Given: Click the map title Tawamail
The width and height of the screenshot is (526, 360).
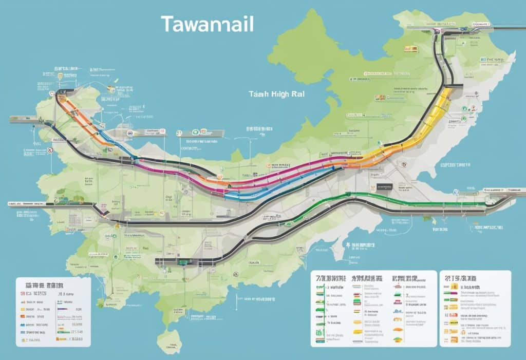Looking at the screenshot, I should click(x=207, y=24).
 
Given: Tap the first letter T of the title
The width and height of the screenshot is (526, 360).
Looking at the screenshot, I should click(x=167, y=24).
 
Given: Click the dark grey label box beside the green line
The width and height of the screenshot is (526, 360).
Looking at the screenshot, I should click(x=384, y=187).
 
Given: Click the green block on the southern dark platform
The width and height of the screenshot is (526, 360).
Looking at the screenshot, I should click(x=182, y=261).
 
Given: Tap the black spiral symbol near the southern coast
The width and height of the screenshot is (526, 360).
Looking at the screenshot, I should click(x=236, y=274).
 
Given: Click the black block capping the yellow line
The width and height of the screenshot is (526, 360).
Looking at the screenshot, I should click(x=455, y=85).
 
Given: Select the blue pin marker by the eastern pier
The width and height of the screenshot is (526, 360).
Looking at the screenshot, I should click(x=455, y=193).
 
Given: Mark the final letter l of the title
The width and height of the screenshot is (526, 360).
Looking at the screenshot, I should click(x=251, y=24).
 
